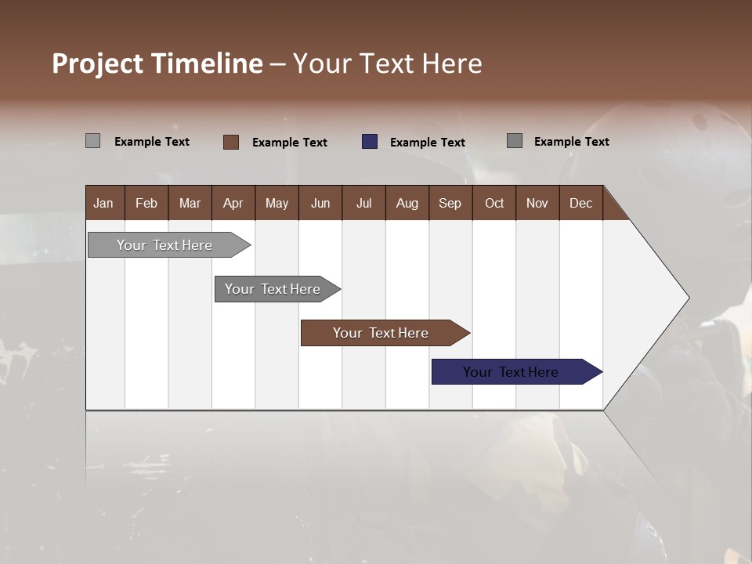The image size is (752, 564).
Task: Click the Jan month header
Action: (x=103, y=203)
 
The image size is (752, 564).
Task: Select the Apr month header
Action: (x=233, y=203)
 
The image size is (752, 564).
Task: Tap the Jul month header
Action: (x=363, y=203)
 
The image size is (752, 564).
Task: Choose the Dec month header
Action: (x=580, y=203)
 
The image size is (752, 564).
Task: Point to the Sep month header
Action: (x=450, y=203)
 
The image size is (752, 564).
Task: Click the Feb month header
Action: (x=146, y=203)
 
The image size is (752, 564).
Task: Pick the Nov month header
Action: (x=537, y=203)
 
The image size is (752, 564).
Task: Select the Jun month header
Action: (x=320, y=203)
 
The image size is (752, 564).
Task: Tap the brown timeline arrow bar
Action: (x=381, y=333)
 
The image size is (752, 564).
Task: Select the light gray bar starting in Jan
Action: (x=165, y=245)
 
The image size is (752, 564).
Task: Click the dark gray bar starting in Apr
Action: (x=273, y=289)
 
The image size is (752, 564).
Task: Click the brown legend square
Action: (x=231, y=142)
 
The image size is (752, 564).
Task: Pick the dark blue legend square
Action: (x=370, y=142)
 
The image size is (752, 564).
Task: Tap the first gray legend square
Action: (x=93, y=141)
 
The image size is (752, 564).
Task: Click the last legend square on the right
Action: (x=515, y=141)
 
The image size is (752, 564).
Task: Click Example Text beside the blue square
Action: (x=427, y=143)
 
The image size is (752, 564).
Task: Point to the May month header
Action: (x=277, y=203)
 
